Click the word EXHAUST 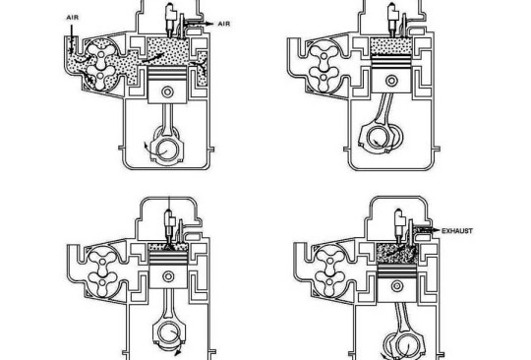point(457,231)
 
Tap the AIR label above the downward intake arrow point(73,18)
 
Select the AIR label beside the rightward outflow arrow point(224,24)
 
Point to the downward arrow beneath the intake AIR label point(72,39)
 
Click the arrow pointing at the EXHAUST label point(428,230)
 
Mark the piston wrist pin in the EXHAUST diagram point(397,286)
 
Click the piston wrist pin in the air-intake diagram point(167,91)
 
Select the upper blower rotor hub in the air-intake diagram point(101,54)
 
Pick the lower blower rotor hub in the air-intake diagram point(100,76)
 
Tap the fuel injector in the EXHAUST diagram point(399,222)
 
